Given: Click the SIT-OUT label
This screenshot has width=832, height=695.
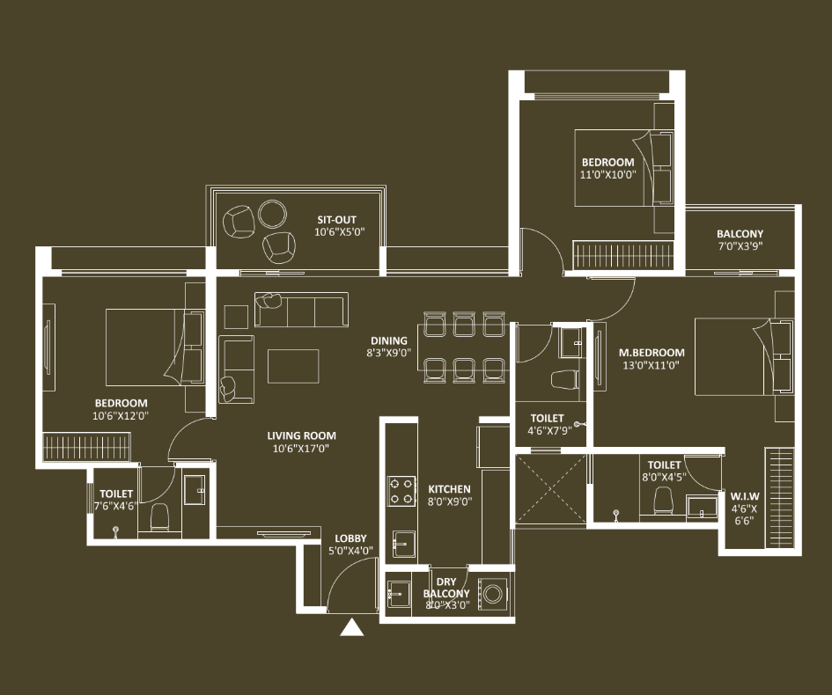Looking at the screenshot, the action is point(337,219).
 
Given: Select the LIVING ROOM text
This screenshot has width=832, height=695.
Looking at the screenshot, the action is point(301,435).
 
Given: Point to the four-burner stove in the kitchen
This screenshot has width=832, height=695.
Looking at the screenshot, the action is point(401,491).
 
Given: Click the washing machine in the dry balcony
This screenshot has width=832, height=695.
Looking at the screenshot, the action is point(492,594).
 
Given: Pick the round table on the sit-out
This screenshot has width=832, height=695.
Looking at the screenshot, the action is point(272,214).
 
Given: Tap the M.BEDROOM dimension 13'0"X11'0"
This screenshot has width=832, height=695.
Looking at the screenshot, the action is point(651,365).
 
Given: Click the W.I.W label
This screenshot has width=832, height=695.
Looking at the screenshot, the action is point(745,497).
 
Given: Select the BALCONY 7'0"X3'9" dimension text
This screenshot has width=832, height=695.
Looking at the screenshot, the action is point(740,246).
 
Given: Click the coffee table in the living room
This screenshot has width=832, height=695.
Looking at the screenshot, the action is point(293,366).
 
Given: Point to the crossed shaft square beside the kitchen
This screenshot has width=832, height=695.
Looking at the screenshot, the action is point(551,489).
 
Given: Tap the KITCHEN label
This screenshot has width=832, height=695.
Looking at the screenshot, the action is point(449,489).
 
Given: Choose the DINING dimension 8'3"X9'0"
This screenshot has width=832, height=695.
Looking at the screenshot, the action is point(389,353).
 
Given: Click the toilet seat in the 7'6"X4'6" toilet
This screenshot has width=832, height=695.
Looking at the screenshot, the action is point(159,517).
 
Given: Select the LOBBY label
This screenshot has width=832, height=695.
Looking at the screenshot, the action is point(350,538).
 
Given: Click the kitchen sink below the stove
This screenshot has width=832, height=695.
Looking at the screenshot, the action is point(404,544).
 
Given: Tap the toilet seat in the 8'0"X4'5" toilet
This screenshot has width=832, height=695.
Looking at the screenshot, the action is point(663,501).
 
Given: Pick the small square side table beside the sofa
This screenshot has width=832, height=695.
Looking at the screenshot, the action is point(236,317).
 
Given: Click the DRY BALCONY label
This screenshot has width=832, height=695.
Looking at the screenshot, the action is point(446,588).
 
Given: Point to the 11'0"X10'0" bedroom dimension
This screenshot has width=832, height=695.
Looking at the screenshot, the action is point(607,174).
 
